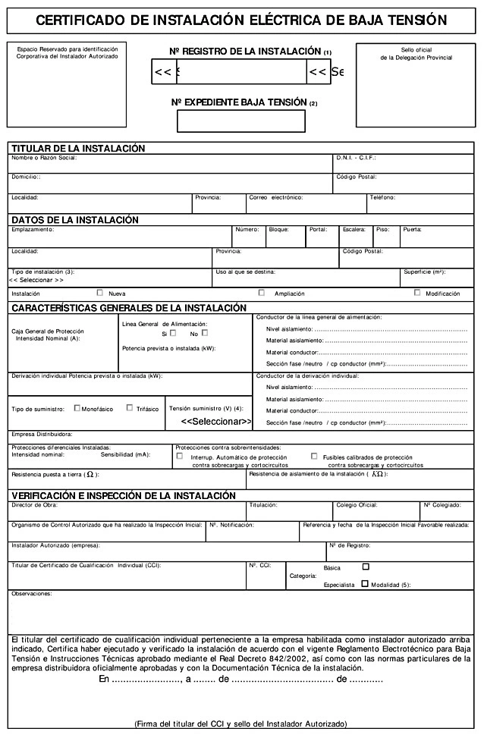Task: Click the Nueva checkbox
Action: [100, 292]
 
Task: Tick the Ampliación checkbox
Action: [262, 292]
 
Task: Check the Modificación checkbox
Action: [417, 292]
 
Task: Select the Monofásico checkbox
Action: [77, 407]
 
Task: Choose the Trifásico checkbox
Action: [130, 407]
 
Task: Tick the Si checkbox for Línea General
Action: [173, 332]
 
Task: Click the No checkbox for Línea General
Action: [204, 332]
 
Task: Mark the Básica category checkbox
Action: [366, 566]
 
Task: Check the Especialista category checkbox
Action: [366, 584]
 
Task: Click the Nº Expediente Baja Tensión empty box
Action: [240, 121]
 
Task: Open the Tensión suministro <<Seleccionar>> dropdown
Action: [216, 421]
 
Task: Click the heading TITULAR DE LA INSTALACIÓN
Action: [78, 148]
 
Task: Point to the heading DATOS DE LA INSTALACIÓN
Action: [75, 220]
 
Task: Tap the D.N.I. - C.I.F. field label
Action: [356, 158]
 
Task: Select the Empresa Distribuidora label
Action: [42, 435]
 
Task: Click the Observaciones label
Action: [31, 593]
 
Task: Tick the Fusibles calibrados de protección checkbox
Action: [314, 457]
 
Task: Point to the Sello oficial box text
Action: [416, 53]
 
